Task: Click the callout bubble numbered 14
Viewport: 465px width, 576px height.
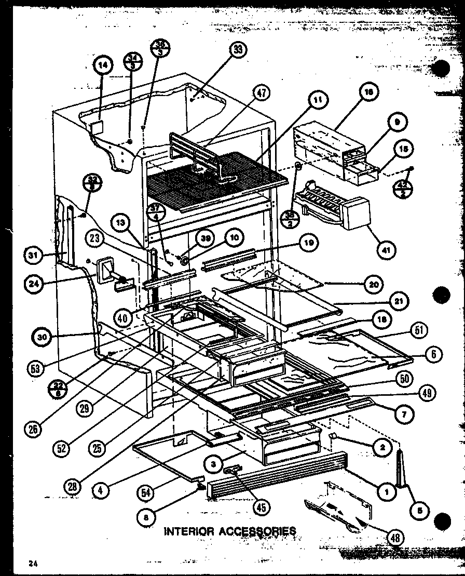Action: pyautogui.click(x=103, y=65)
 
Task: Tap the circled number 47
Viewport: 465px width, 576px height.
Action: pyautogui.click(x=262, y=94)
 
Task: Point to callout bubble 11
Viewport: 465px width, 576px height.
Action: pyautogui.click(x=317, y=99)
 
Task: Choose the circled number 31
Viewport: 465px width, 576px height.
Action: pyautogui.click(x=33, y=254)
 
